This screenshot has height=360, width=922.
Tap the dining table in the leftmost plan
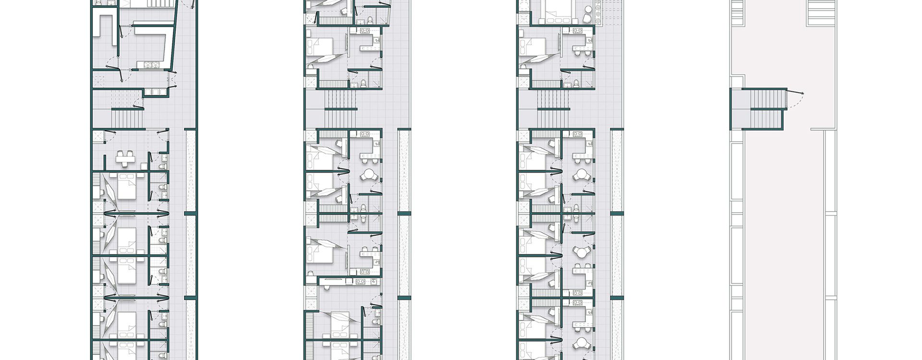click(x=125, y=158)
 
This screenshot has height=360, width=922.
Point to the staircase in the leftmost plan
click(x=128, y=117)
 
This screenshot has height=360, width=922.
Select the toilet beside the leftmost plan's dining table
click(x=164, y=166)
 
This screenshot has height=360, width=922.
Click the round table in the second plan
click(x=370, y=174)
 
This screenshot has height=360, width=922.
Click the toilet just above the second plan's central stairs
click(x=364, y=84)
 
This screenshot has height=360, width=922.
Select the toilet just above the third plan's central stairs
click(x=576, y=84)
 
